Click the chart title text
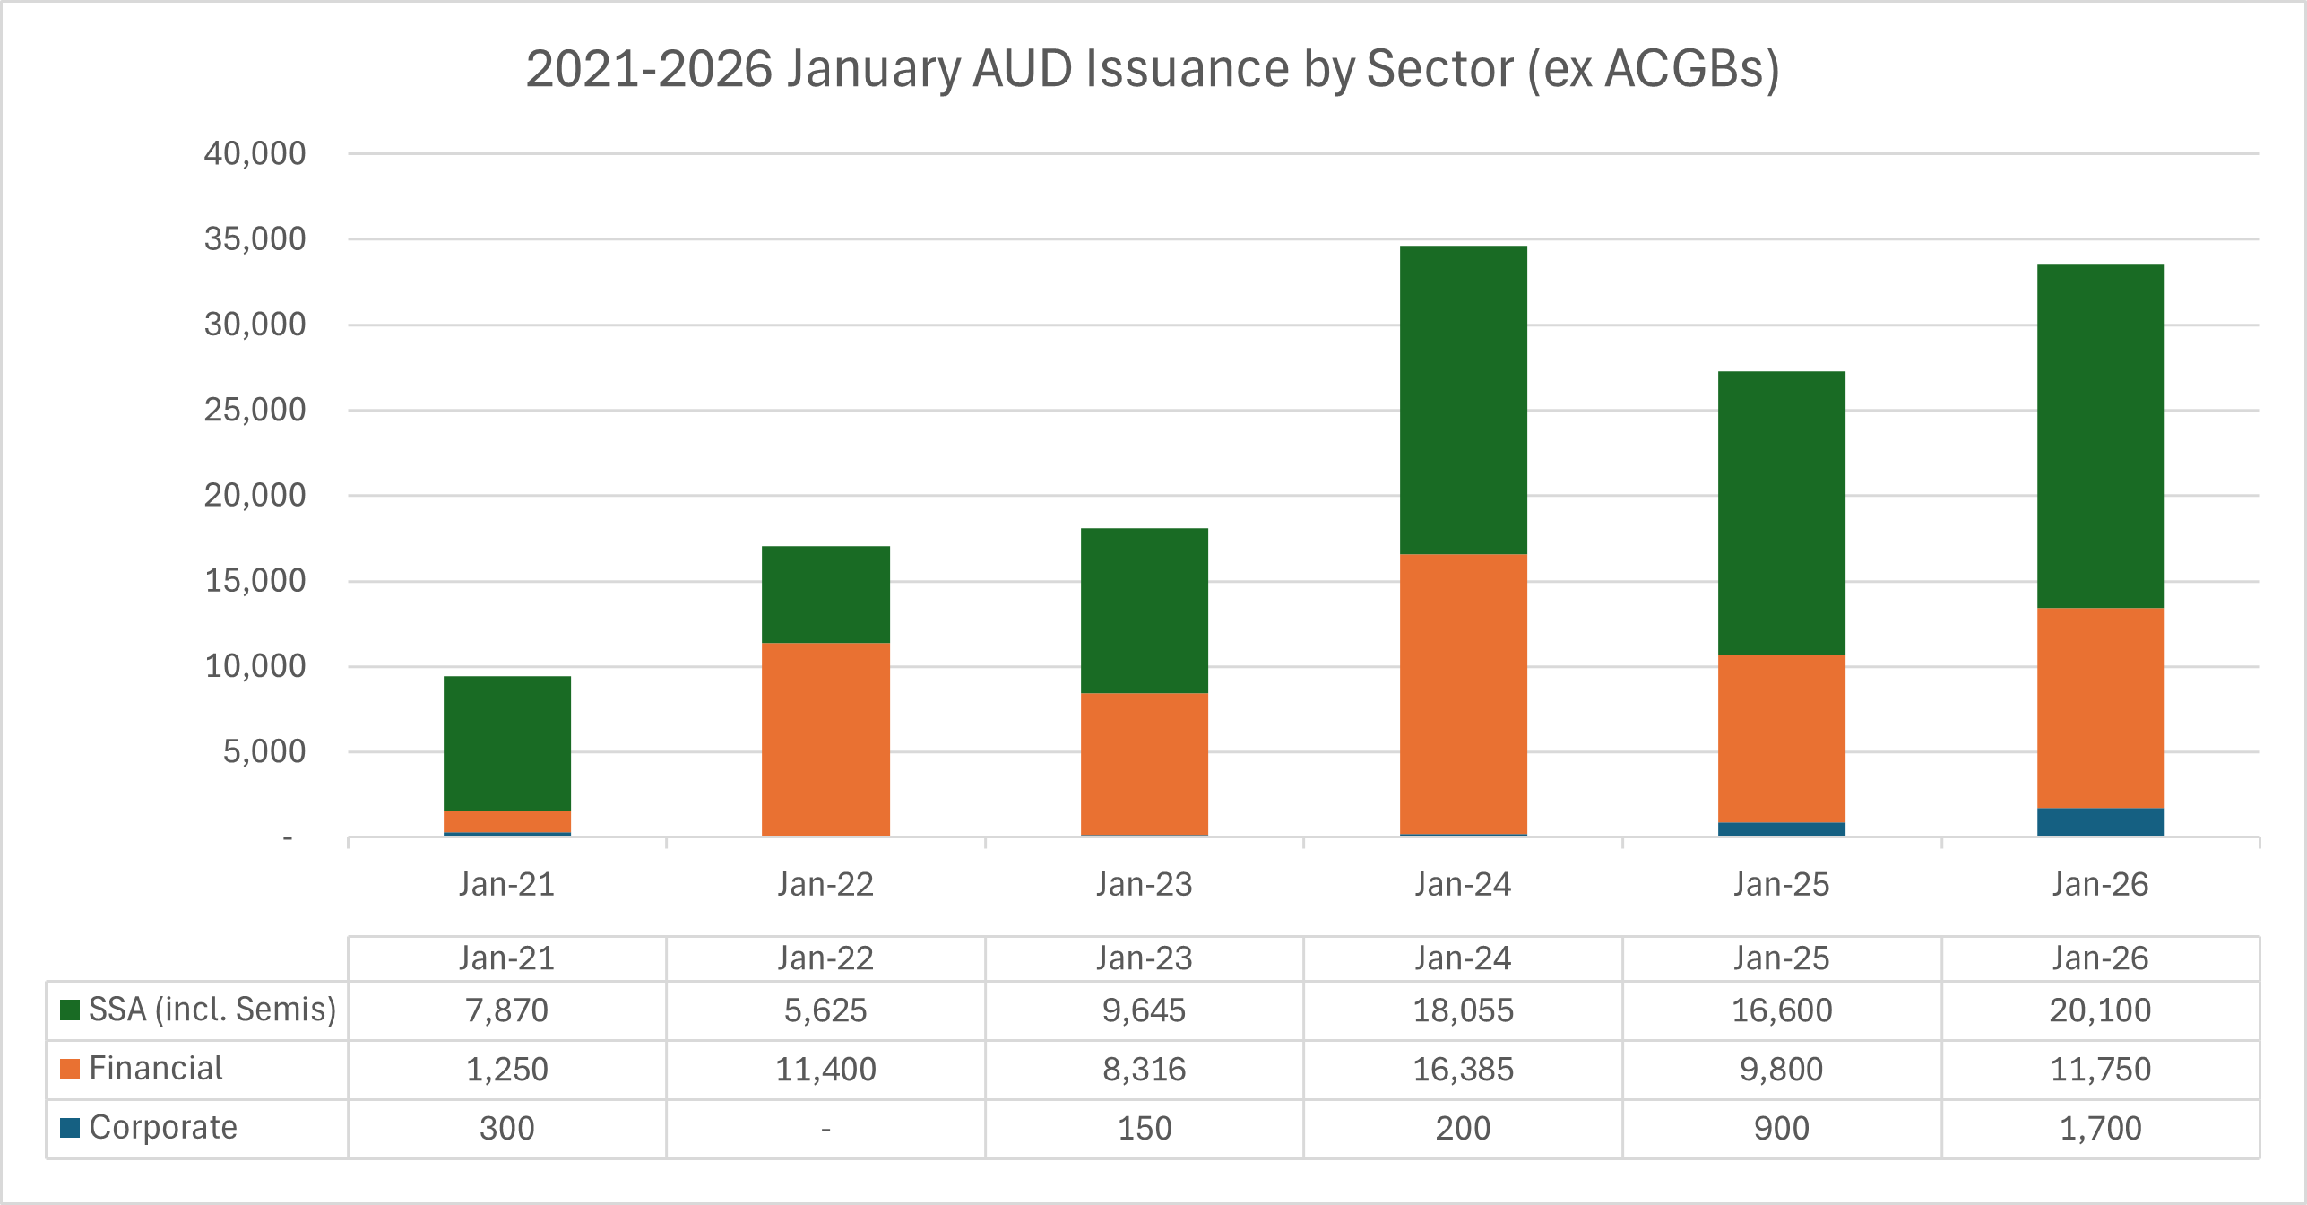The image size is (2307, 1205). click(x=1152, y=69)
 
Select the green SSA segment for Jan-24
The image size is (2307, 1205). click(x=1463, y=400)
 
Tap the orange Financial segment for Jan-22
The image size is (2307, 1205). click(x=825, y=739)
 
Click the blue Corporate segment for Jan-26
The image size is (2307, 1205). click(x=2100, y=822)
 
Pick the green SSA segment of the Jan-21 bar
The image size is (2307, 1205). click(x=507, y=743)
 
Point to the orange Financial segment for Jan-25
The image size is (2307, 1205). click(x=1781, y=738)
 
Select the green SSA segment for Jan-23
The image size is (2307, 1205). click(x=1144, y=611)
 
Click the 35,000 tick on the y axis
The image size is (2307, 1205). click(x=255, y=239)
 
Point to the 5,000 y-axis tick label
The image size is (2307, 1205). click(x=264, y=751)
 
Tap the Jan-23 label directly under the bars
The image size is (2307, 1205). click(x=1144, y=885)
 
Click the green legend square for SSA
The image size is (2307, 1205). click(x=70, y=1010)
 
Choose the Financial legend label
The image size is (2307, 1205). click(x=156, y=1069)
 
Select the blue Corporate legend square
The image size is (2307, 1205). click(x=70, y=1128)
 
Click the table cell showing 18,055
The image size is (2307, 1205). click(x=1463, y=1010)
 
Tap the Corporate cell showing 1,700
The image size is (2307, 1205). click(x=2100, y=1128)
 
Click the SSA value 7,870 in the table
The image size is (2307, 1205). click(x=507, y=1010)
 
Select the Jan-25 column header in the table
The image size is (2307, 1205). click(x=1781, y=958)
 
